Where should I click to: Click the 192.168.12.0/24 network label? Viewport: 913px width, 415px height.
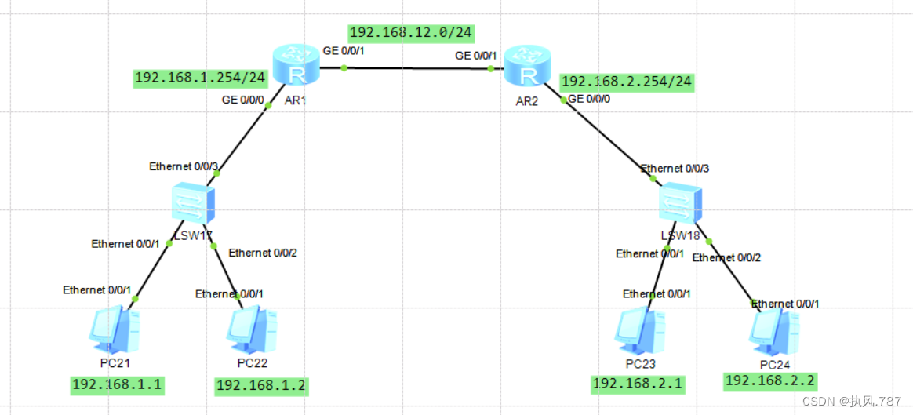pyautogui.click(x=410, y=33)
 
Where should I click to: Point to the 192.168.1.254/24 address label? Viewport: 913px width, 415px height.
pyautogui.click(x=201, y=78)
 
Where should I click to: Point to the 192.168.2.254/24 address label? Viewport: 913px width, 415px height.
pyautogui.click(x=627, y=82)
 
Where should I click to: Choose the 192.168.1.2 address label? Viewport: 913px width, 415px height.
pyautogui.click(x=261, y=385)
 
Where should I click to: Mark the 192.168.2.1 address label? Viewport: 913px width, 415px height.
pyautogui.click(x=638, y=384)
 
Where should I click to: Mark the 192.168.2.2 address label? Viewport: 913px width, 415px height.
pyautogui.click(x=770, y=380)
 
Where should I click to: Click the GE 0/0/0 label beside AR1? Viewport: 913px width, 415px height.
pyautogui.click(x=242, y=100)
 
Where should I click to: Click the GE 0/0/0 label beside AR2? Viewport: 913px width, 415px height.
pyautogui.click(x=588, y=99)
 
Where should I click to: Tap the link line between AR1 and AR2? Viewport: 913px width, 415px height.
pyautogui.click(x=416, y=69)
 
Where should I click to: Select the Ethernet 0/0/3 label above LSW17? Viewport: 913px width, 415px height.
pyautogui.click(x=182, y=166)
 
